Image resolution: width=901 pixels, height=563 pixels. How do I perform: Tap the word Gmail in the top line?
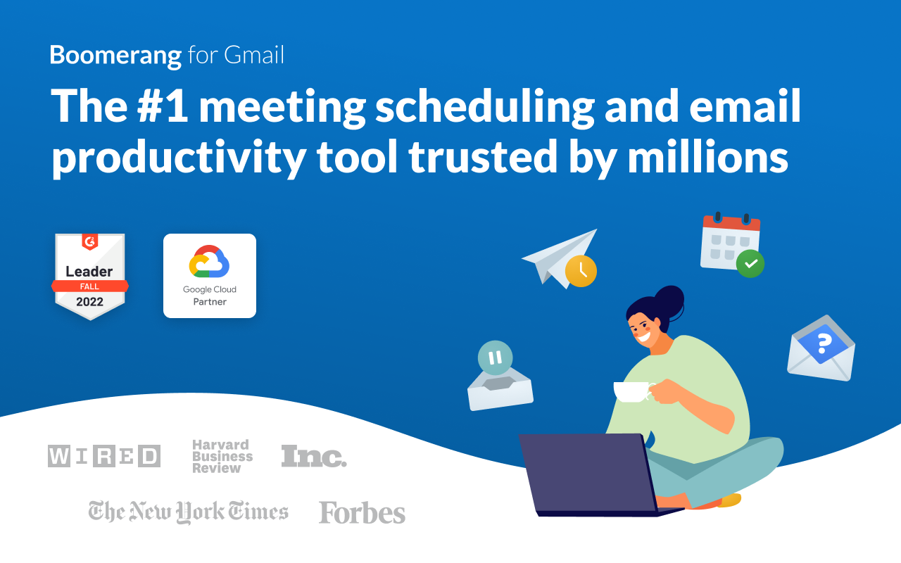pos(254,56)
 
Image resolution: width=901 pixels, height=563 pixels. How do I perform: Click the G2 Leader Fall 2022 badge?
pos(90,277)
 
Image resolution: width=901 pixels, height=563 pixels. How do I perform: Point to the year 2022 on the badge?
pos(90,302)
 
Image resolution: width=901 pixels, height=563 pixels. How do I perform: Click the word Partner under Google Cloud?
pos(210,302)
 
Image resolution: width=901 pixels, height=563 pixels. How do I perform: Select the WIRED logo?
pos(104,456)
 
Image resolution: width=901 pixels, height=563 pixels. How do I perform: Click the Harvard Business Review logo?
pos(222,456)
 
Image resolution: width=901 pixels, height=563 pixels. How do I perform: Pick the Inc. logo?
pos(314,457)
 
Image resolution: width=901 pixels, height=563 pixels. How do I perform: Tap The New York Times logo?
pos(189,512)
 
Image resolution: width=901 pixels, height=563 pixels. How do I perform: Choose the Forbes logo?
pos(362,513)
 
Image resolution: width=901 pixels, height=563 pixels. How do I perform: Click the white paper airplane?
pos(556,255)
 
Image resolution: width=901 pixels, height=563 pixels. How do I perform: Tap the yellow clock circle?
pos(581,271)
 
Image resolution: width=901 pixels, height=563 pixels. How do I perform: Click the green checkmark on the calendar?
pos(750,264)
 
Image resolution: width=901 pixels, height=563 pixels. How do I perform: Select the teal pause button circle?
pos(495,358)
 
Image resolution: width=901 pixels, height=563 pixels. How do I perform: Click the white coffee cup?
pos(631,392)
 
